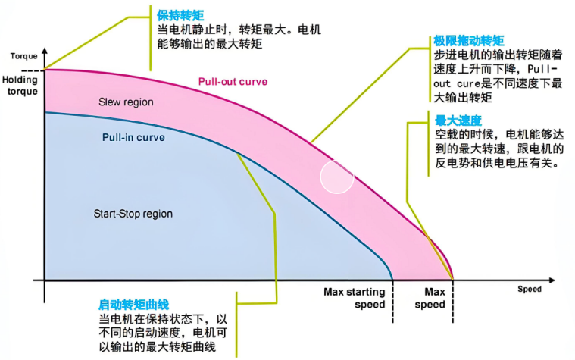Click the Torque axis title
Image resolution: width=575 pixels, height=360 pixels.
(22, 56)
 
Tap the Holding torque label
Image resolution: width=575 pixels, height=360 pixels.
(19, 84)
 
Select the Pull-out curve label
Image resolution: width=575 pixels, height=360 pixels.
(233, 82)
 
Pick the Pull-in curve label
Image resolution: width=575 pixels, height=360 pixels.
(133, 138)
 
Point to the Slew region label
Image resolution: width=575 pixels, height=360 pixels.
(126, 102)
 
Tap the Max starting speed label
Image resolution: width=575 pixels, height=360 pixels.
(355, 298)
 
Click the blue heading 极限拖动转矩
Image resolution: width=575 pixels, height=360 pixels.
(469, 41)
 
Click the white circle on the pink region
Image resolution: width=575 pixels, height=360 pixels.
(337, 177)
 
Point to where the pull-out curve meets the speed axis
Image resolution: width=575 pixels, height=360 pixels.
(452, 280)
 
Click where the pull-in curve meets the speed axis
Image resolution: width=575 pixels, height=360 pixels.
(392, 280)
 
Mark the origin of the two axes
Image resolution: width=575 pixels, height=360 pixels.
(45, 280)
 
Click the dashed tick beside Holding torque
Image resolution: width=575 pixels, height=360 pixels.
(36, 70)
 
